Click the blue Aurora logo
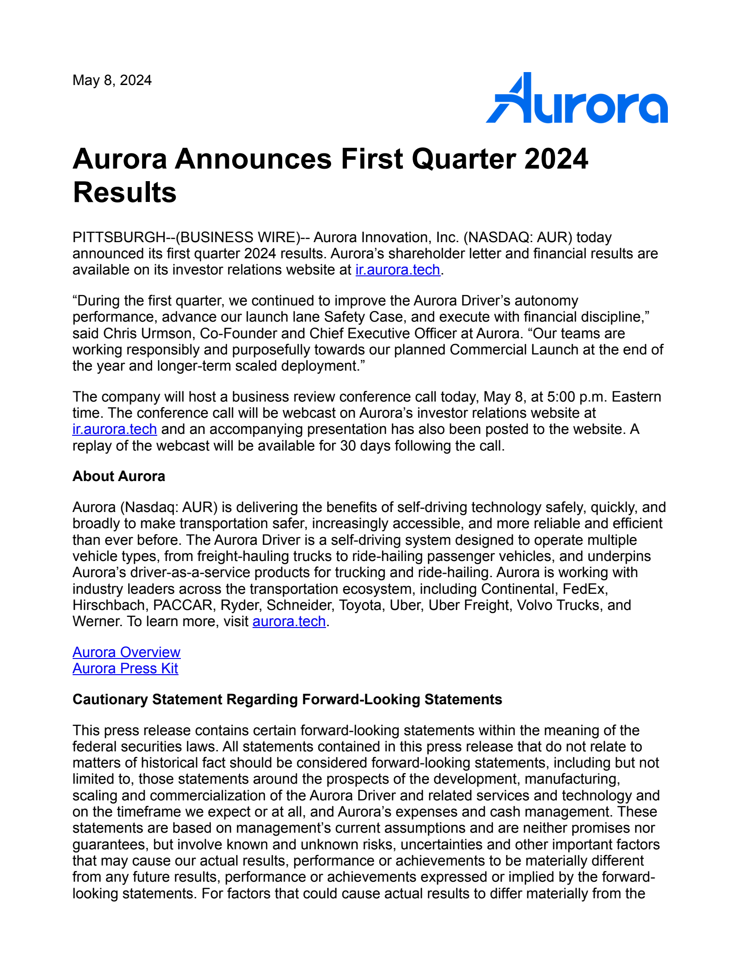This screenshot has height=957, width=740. [x=576, y=98]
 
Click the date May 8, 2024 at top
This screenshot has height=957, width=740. [x=112, y=80]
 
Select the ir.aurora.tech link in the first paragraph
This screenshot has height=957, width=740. [x=397, y=270]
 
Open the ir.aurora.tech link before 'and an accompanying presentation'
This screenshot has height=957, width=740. [x=115, y=429]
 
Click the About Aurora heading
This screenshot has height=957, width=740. [x=118, y=476]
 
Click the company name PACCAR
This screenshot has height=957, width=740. [x=183, y=605]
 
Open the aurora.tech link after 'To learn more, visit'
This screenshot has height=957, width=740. [x=289, y=622]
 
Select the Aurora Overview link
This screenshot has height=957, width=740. [x=126, y=652]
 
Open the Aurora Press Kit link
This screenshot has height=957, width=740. [x=125, y=669]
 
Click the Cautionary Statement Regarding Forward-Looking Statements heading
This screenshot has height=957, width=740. [x=287, y=700]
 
